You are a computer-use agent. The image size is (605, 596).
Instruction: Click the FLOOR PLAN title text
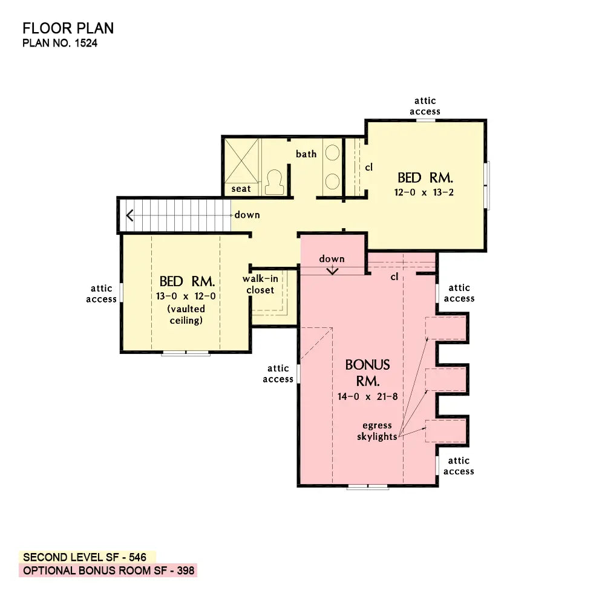68,28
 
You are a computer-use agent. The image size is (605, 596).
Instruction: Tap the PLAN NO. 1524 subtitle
59,43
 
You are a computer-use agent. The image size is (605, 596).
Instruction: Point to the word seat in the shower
241,189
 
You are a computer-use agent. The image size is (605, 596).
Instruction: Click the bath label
306,154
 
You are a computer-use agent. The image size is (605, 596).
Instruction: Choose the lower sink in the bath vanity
332,181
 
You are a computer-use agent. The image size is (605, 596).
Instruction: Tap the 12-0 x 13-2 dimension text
425,192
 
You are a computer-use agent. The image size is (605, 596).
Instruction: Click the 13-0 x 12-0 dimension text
186,296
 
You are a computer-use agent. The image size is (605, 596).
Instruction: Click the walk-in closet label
260,284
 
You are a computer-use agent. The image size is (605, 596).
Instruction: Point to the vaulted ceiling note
186,315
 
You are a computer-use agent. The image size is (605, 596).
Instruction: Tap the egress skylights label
376,431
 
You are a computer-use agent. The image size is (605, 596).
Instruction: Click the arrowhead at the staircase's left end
129,215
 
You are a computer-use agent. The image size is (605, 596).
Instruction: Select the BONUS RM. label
367,373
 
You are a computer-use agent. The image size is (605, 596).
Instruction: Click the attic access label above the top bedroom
425,106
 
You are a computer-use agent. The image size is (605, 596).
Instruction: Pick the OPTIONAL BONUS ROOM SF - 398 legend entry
108,571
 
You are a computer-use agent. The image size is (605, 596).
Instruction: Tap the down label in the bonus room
332,259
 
